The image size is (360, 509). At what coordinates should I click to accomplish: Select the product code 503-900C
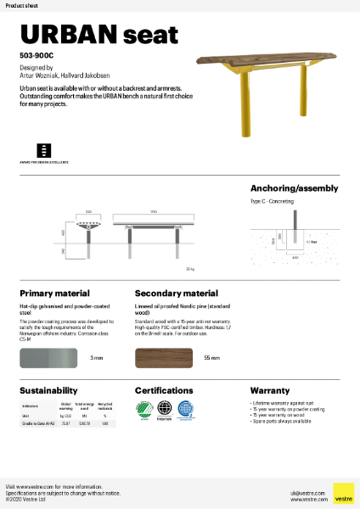[36, 55]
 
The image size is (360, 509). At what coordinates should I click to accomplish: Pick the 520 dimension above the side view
[88, 211]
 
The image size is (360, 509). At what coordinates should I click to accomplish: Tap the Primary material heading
[53, 294]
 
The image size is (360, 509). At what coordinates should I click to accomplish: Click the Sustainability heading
[49, 389]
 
